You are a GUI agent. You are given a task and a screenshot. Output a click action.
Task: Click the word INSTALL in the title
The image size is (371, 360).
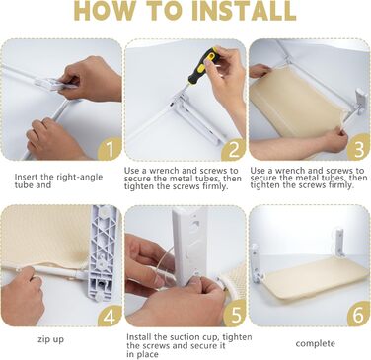(x=244, y=11)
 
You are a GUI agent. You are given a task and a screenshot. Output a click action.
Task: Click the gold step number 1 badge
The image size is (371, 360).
(x=110, y=149)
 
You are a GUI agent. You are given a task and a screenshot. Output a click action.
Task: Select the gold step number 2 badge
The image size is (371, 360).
(x=234, y=149)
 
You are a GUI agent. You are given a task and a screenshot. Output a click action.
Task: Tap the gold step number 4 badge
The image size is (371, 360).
(x=110, y=316)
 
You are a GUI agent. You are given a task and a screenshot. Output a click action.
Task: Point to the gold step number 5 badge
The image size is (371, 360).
(x=235, y=315)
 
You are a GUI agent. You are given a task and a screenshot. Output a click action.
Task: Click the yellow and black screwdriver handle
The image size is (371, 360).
(x=202, y=65)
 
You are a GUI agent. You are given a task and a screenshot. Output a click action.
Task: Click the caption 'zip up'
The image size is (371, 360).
(x=50, y=339)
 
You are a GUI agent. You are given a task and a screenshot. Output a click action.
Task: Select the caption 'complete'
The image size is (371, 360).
(x=316, y=344)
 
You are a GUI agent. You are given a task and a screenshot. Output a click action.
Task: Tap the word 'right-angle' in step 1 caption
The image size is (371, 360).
(x=80, y=177)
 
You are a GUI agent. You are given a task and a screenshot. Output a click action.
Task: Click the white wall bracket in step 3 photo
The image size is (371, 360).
(x=361, y=101)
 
